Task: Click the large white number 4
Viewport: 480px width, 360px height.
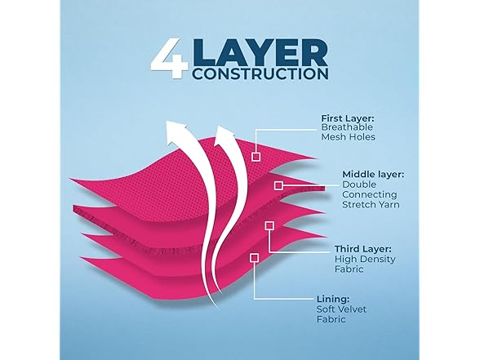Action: tap(169, 58)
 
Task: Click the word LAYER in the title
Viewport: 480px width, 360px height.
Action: tap(260, 52)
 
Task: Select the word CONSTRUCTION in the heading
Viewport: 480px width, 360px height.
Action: tap(261, 73)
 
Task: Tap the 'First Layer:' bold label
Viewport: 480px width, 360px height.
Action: tap(348, 118)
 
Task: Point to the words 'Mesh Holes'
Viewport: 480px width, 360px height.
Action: tap(348, 137)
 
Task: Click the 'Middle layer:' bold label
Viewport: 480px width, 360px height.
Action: tap(373, 175)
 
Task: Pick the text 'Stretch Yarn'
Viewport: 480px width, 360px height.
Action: tap(371, 204)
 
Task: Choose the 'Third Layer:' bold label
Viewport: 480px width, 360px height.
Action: tap(362, 249)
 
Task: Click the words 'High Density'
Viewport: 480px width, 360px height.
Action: tap(365, 259)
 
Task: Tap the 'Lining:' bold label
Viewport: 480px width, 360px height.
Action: tap(333, 299)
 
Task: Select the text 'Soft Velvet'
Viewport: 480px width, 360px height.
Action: tap(341, 309)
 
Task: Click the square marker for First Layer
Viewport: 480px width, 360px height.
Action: tap(256, 157)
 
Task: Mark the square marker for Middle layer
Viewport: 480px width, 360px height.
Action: tap(278, 185)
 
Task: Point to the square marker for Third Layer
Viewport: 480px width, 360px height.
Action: tap(269, 226)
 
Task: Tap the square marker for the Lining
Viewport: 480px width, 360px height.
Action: tap(254, 258)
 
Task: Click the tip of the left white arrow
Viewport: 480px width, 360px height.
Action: tap(167, 121)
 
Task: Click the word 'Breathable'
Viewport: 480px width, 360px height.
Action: tap(347, 127)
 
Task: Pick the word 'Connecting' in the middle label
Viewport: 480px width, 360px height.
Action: tap(370, 194)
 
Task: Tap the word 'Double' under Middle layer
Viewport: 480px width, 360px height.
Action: tap(359, 184)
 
